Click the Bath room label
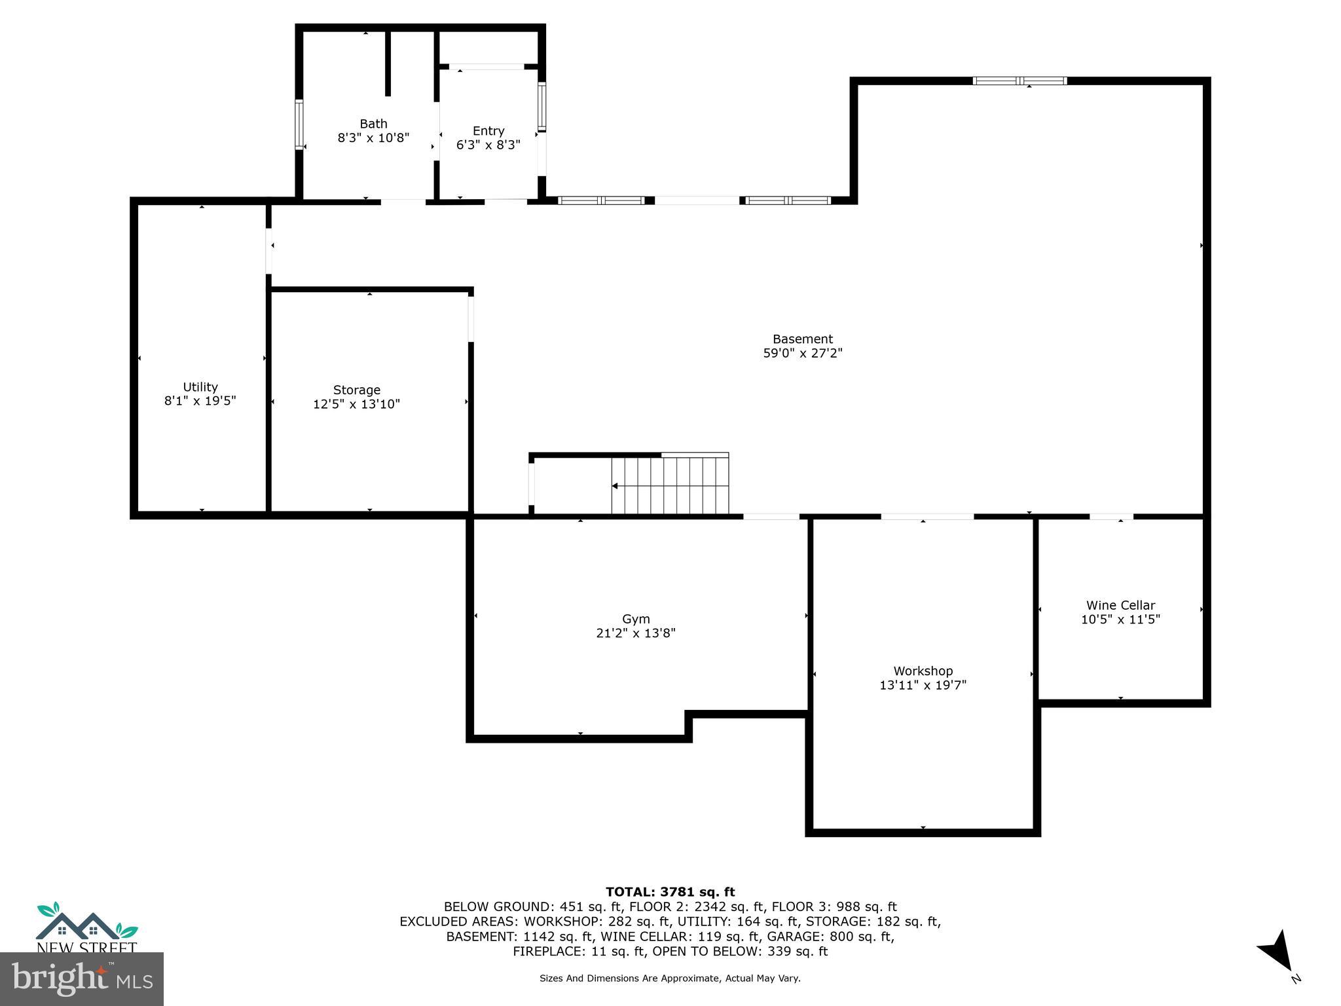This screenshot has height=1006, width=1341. [x=373, y=124]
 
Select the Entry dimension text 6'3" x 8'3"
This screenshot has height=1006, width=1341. [x=488, y=145]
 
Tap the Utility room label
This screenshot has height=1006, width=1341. [x=200, y=387]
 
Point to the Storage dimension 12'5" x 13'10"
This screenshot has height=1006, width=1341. [x=356, y=404]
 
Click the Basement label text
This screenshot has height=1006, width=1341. [x=802, y=339]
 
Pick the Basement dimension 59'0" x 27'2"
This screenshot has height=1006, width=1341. [x=802, y=354]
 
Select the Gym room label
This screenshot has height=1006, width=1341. [x=635, y=619]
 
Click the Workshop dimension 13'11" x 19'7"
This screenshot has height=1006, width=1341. [x=923, y=685]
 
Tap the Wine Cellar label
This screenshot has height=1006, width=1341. [x=1120, y=605]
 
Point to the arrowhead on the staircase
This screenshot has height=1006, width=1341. [x=615, y=486]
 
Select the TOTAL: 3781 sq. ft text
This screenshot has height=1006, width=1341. [x=670, y=891]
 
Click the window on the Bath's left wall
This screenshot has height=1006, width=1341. [x=299, y=124]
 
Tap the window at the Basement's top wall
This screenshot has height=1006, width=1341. [x=1020, y=81]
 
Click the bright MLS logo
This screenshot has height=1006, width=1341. [x=81, y=979]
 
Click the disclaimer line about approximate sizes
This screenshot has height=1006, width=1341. [x=670, y=978]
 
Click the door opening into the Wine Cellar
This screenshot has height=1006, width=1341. [x=1111, y=517]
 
